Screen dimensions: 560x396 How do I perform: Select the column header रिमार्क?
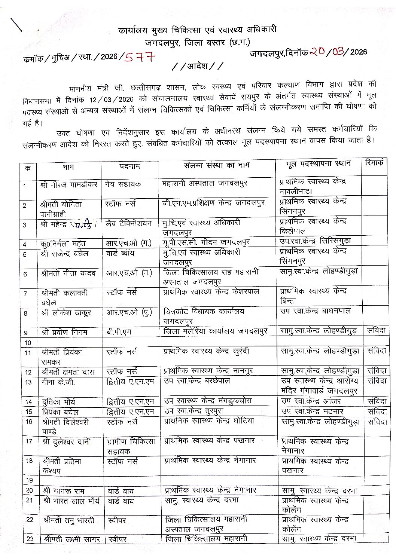coord(374,163)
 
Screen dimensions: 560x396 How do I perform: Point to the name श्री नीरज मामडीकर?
coord(68,184)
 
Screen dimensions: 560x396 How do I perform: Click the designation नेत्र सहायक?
coord(123,184)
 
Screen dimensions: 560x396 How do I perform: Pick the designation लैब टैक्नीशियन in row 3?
coord(129,224)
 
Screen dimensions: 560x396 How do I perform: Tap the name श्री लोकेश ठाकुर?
coord(66,313)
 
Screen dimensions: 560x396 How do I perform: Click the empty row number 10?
coord(28,342)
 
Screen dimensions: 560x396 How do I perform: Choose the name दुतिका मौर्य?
coord(59,402)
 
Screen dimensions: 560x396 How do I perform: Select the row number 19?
coord(28,480)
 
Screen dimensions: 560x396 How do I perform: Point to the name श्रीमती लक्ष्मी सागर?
coord(71,539)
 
